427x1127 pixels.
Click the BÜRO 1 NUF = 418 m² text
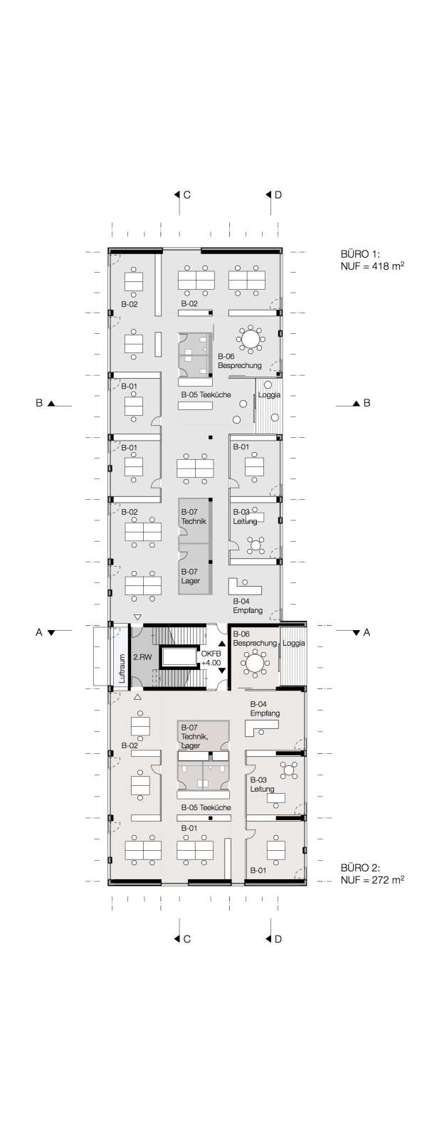372,260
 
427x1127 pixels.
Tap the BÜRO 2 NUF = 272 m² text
372,874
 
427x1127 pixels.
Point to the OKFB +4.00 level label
211,658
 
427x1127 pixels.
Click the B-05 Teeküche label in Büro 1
206,394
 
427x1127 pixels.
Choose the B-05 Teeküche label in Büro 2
206,807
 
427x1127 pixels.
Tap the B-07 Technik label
194,517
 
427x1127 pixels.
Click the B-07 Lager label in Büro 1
191,576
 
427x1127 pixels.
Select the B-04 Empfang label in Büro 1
248,606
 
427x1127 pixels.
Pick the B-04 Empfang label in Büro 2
265,708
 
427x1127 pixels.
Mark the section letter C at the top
187,194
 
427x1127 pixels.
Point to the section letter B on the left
38,403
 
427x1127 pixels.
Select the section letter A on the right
367,632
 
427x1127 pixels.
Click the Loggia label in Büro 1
269,395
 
